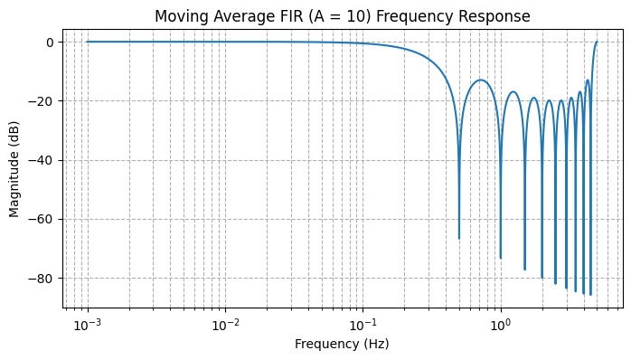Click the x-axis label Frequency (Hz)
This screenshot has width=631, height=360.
(342, 344)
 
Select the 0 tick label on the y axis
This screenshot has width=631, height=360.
(51, 43)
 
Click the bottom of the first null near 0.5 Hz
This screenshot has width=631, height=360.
(459, 238)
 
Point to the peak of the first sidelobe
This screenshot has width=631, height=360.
(481, 81)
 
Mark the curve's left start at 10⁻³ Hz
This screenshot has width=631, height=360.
(87, 42)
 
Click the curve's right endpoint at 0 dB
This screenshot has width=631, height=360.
(597, 42)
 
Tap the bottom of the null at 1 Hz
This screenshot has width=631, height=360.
(501, 258)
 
